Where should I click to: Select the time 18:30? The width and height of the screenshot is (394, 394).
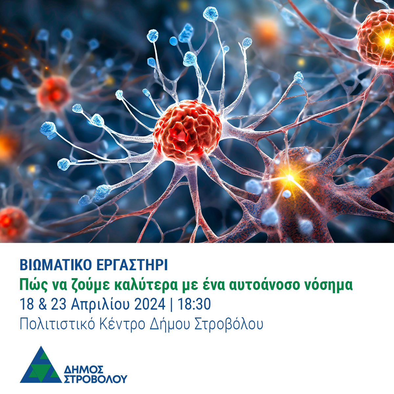[194, 304]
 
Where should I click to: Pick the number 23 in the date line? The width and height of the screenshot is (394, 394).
[59, 304]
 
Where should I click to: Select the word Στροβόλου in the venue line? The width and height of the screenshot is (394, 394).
[229, 325]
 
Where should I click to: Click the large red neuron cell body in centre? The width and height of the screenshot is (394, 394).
[187, 132]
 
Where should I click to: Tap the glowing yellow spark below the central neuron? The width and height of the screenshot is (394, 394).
[290, 178]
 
